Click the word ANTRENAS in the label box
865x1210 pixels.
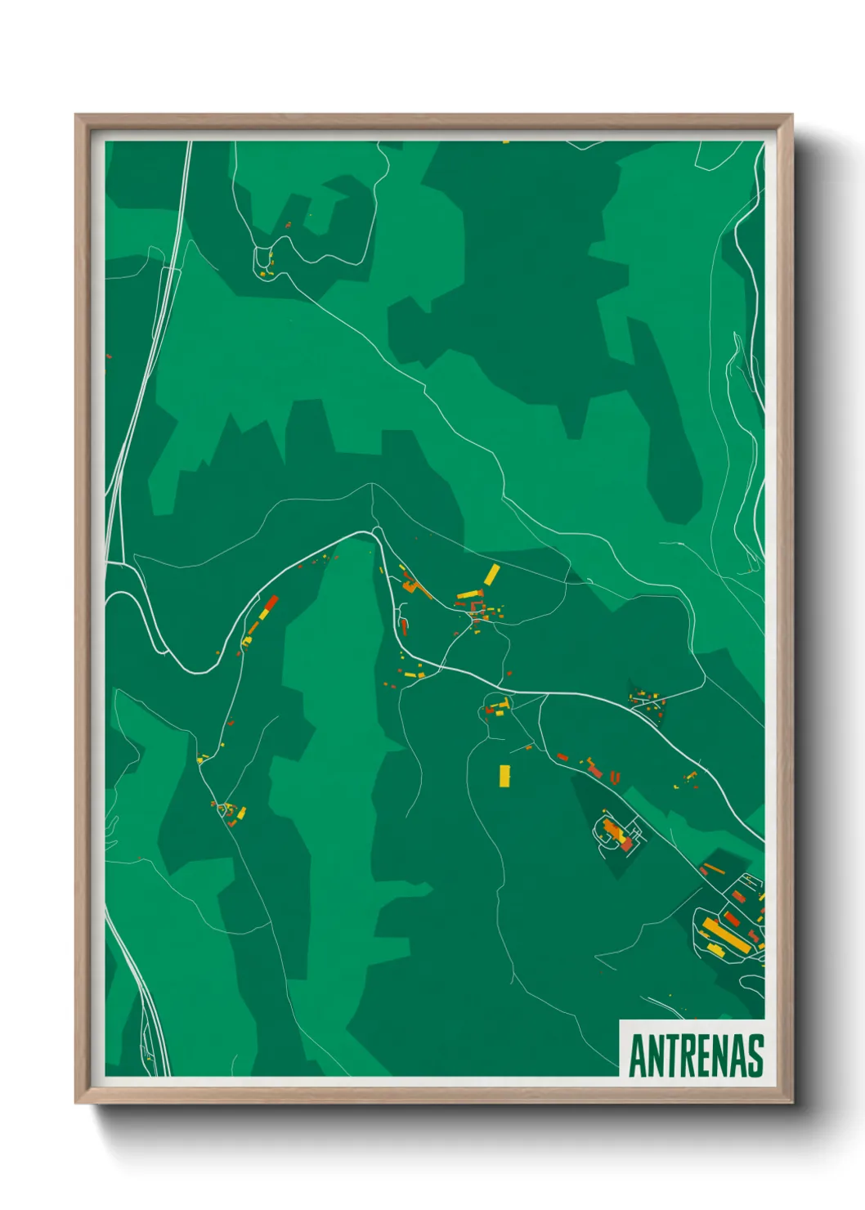point(696,1055)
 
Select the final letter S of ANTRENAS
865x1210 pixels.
point(756,1055)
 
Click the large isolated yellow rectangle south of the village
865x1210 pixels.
point(504,776)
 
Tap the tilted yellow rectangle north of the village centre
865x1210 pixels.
point(491,574)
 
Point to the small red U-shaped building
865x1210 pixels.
point(615,778)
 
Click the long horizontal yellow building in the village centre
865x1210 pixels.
point(469,594)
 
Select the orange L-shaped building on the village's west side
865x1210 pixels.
point(411,586)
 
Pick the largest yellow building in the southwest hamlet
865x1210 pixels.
point(241,813)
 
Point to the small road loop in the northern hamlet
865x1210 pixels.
point(264,260)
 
